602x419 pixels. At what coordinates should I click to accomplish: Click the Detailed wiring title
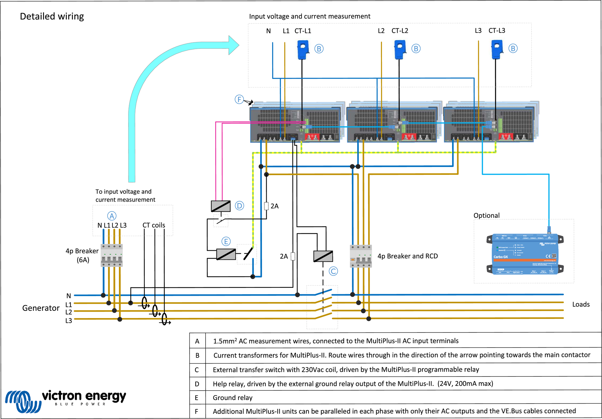coord(52,16)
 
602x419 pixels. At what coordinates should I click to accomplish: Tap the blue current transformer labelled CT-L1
coord(303,49)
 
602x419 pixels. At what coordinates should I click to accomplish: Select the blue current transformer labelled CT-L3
coord(497,49)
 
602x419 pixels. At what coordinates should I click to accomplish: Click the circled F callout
coord(239,99)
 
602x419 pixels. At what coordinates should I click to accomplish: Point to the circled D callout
coord(239,206)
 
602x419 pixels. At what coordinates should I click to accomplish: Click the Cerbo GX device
coord(525,254)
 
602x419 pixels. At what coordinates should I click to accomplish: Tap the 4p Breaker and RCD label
coord(408,256)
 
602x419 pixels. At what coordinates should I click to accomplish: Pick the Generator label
coord(41,308)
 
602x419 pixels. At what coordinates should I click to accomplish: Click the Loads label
coord(581,304)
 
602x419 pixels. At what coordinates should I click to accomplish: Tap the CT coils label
coord(154,225)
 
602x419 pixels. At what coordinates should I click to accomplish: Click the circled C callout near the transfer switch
coord(333,271)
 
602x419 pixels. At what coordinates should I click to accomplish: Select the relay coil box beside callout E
coord(226,254)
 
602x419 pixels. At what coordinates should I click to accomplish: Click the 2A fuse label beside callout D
coord(275,206)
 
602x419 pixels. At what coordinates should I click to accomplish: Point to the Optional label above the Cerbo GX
coord(486,216)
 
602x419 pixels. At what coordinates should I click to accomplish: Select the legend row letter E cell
coord(197,398)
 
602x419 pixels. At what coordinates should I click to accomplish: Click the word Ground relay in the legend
coord(232,398)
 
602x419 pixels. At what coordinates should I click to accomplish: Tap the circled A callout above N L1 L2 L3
coord(112,216)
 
